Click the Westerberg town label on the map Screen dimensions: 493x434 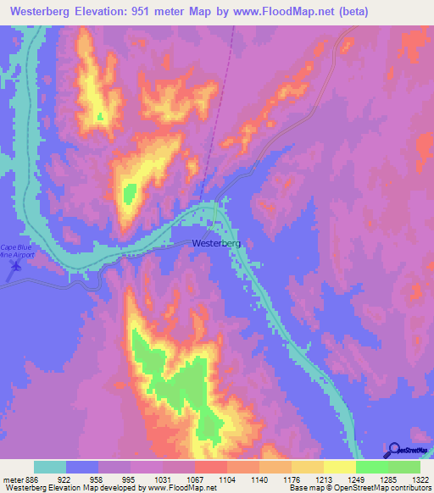coord(216,243)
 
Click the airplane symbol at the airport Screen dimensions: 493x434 coord(14,270)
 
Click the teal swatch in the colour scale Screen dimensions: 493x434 coord(50,468)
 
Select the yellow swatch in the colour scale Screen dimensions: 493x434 coord(339,468)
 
